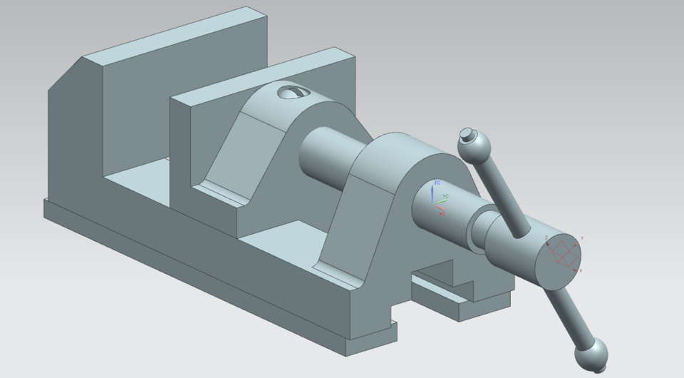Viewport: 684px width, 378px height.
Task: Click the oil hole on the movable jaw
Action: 292,91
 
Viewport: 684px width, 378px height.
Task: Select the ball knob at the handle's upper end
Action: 475,148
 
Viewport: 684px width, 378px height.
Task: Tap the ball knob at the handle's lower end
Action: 591,353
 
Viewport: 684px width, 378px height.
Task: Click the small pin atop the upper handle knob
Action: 467,133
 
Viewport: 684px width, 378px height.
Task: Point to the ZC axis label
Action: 437,183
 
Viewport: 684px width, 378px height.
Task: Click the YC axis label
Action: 445,195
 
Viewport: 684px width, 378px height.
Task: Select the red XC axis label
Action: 442,213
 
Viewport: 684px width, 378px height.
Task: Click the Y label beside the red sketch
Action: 582,237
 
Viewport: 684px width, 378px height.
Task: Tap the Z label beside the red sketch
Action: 546,237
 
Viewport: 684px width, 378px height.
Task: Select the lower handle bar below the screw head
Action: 570,314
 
